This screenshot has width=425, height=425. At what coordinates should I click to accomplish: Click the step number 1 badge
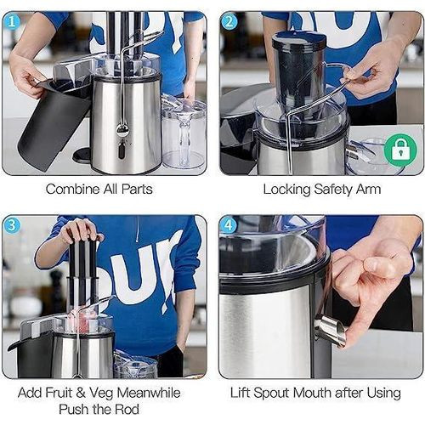12,22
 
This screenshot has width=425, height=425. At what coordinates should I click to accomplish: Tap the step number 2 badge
229,22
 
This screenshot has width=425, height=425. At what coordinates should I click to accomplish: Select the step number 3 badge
12,225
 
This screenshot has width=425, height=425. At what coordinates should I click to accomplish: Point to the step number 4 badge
229,225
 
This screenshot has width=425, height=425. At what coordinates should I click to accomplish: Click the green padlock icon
400,150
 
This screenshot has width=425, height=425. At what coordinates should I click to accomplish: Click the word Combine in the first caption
73,189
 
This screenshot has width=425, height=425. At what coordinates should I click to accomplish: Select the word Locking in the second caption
287,190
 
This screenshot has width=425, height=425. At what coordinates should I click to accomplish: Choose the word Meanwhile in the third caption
149,393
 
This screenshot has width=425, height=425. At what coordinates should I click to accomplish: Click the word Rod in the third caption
127,410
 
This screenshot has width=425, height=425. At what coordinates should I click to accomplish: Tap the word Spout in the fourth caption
271,393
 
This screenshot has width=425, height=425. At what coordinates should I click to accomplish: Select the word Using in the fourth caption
384,394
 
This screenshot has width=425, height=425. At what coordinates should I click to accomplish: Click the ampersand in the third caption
81,393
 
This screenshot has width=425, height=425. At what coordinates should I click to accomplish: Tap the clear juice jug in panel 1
184,133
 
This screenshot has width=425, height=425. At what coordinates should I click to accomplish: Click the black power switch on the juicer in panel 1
122,150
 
